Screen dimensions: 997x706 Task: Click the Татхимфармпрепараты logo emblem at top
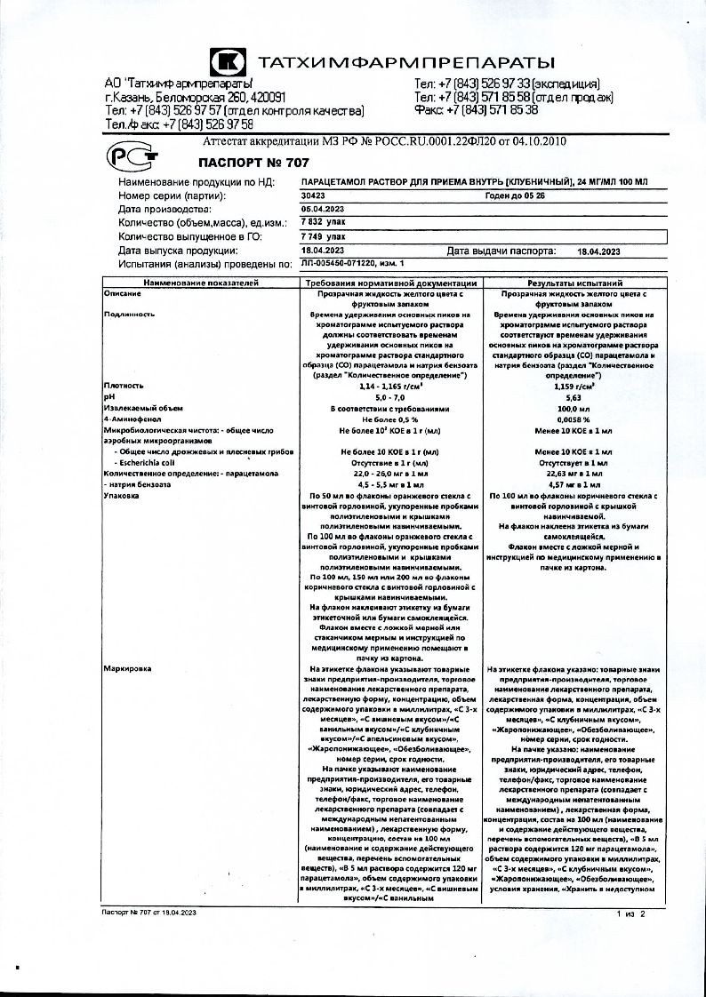point(227,62)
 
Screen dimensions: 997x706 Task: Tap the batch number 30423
point(313,195)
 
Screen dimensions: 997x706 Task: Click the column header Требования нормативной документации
point(392,282)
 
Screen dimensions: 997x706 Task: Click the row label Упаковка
point(122,495)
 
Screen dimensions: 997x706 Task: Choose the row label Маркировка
point(125,666)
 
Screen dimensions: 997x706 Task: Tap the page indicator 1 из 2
point(629,913)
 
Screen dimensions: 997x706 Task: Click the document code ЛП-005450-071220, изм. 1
point(353,264)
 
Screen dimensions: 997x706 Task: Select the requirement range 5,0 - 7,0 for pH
point(392,399)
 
